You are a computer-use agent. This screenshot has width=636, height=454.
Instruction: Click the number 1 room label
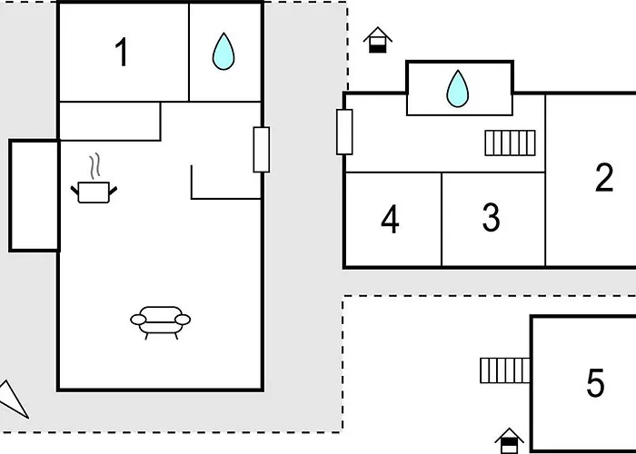(x=122, y=52)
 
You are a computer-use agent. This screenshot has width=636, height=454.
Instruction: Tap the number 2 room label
(x=604, y=177)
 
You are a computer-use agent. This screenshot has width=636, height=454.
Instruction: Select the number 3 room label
(x=492, y=217)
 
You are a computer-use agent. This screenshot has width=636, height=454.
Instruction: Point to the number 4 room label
(x=390, y=219)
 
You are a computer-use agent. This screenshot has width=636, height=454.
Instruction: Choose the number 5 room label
(x=595, y=382)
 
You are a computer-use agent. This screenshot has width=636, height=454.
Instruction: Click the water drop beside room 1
(x=224, y=52)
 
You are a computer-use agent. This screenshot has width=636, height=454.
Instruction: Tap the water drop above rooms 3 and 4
(x=458, y=89)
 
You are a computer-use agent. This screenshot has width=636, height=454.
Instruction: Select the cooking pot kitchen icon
(x=94, y=192)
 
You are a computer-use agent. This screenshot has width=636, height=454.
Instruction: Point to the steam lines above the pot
(x=94, y=166)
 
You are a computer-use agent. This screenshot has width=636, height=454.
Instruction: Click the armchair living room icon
(x=160, y=322)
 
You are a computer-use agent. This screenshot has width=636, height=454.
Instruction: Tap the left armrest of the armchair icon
(x=138, y=320)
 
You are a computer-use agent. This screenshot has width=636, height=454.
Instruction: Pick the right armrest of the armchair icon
(x=183, y=320)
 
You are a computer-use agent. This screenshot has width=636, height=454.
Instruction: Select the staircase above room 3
(x=511, y=143)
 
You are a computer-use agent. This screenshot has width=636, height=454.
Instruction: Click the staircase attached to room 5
(x=505, y=370)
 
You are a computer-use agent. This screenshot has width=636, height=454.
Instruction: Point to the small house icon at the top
(x=378, y=40)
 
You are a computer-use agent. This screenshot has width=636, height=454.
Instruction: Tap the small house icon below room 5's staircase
(x=510, y=440)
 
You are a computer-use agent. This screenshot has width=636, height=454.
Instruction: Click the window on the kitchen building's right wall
(x=262, y=150)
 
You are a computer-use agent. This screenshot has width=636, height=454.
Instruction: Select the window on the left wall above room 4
(x=344, y=133)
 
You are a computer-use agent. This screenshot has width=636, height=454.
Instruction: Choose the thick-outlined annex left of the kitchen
(x=35, y=195)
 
